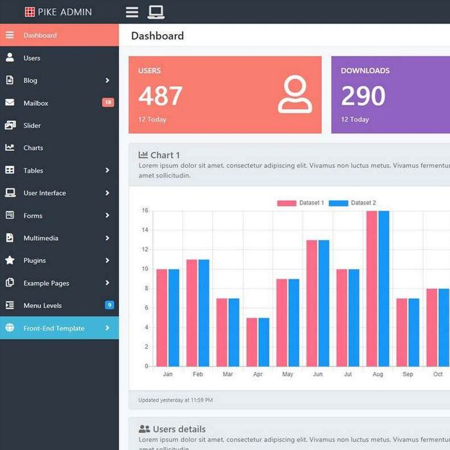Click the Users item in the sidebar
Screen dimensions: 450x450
(32, 58)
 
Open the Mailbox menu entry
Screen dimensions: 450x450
(35, 103)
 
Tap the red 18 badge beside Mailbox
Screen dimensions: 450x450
(108, 103)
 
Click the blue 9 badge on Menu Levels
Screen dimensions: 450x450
(109, 305)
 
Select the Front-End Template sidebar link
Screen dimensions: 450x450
(54, 328)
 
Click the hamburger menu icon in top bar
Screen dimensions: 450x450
(132, 12)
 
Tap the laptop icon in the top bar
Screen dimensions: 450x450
(156, 12)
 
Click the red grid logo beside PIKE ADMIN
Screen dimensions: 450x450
(30, 12)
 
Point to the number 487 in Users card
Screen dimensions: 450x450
(161, 96)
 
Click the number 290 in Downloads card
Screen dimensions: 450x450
(363, 96)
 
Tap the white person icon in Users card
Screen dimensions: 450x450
(295, 95)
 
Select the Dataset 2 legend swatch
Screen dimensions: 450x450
(338, 203)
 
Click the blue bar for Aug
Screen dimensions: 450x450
(384, 289)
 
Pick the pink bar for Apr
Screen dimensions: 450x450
(252, 342)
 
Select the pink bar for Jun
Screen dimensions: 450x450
(312, 303)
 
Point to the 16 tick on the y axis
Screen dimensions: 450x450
(145, 211)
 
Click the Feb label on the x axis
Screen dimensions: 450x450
(198, 374)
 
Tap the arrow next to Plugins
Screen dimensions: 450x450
(107, 260)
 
